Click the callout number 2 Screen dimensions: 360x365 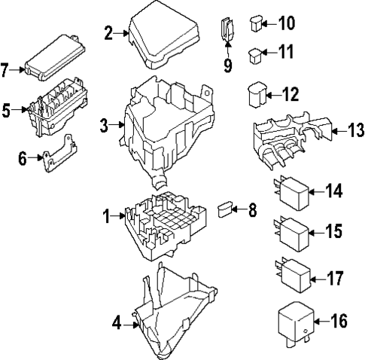coord(108,32)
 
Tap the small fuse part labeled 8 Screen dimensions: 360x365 coord(224,207)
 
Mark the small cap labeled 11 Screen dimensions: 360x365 coord(256,55)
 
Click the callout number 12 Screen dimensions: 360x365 coord(290,95)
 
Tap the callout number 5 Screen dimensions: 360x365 coord(7,111)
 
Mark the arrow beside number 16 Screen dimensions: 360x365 coord(318,322)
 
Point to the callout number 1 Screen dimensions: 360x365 coord(107,217)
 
